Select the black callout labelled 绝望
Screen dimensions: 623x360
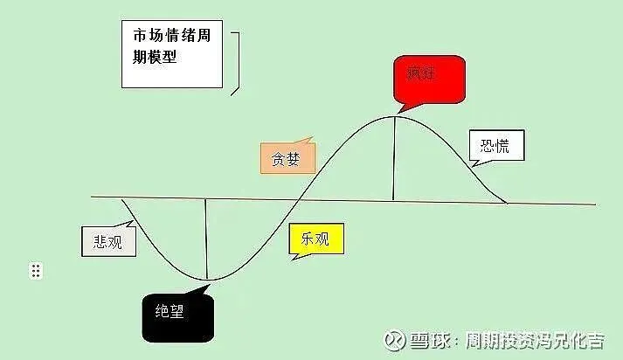click(177, 314)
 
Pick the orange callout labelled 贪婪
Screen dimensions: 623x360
click(287, 158)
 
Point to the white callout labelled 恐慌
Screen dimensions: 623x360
click(497, 147)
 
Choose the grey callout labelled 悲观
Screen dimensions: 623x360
click(109, 240)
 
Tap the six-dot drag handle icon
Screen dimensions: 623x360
click(36, 271)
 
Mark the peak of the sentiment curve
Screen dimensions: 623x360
click(394, 116)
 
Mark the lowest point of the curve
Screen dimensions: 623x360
click(206, 280)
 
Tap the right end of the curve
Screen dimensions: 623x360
click(507, 203)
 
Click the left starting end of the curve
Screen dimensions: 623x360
click(123, 200)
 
